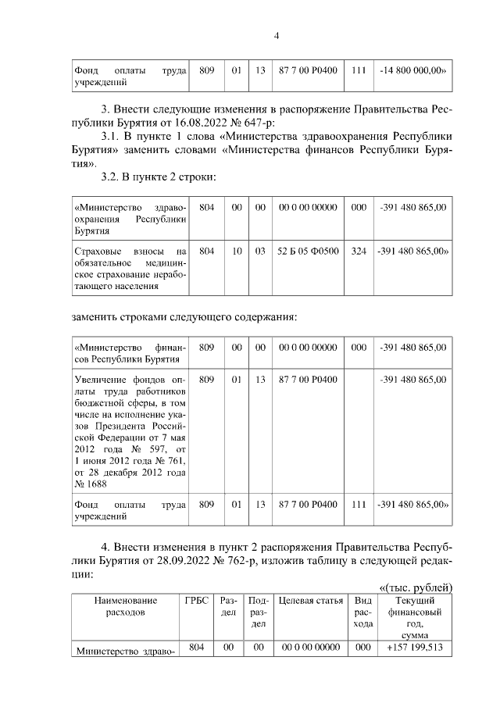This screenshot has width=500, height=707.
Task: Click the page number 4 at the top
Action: coord(276,35)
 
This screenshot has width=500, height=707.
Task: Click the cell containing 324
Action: coord(359,252)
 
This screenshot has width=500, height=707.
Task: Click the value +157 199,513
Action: coord(412,648)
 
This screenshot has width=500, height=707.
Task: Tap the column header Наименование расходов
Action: coord(125,606)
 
